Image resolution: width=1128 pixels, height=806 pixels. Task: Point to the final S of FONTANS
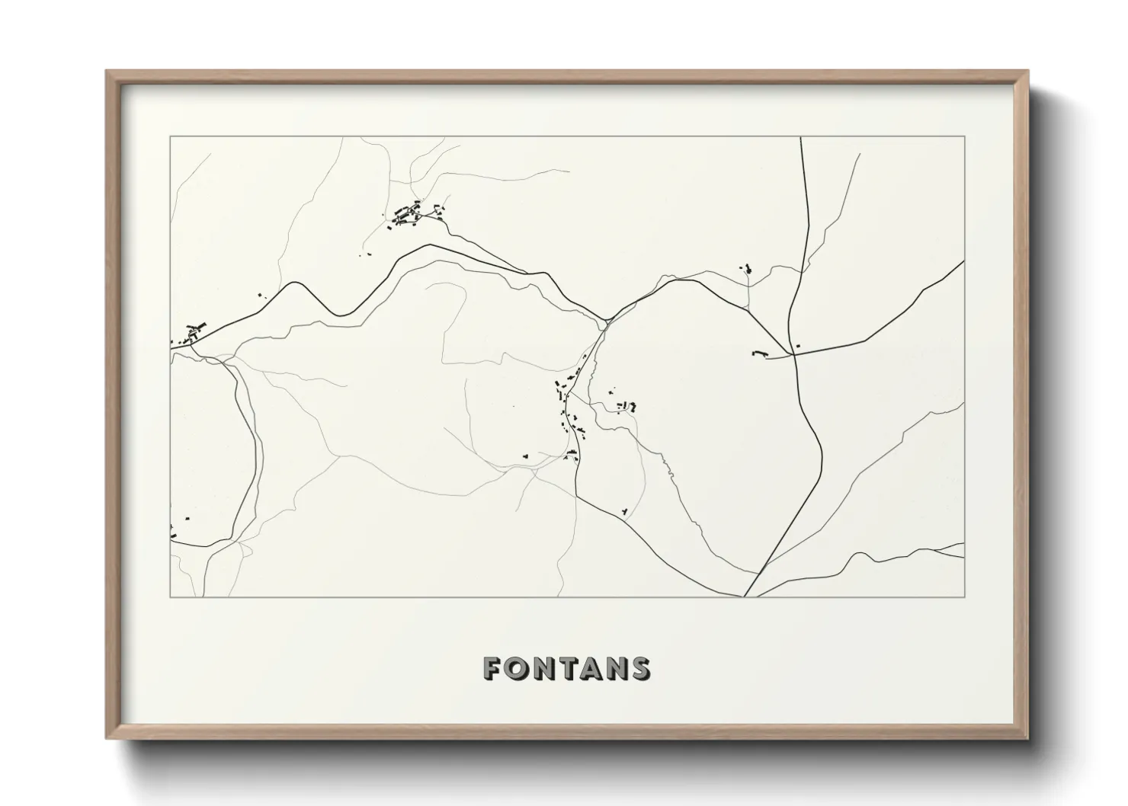pyautogui.click(x=639, y=668)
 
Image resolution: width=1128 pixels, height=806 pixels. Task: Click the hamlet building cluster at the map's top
pyautogui.click(x=410, y=214)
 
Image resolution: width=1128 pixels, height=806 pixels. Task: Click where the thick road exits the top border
pyautogui.click(x=801, y=138)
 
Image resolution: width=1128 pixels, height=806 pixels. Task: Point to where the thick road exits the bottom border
pyautogui.click(x=745, y=597)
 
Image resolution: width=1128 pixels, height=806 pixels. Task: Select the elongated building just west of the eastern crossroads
pyautogui.click(x=758, y=353)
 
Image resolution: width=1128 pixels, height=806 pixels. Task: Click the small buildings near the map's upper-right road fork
pyautogui.click(x=747, y=269)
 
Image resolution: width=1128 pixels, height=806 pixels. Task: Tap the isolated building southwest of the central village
pyautogui.click(x=524, y=456)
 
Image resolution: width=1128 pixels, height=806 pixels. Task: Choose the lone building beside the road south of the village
pyautogui.click(x=624, y=510)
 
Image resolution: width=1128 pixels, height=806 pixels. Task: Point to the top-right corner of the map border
pyautogui.click(x=964, y=137)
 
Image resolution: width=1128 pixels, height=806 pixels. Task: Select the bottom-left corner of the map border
pyautogui.click(x=170, y=597)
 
